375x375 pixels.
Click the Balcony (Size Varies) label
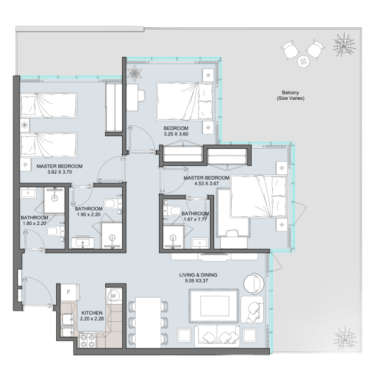[290, 95]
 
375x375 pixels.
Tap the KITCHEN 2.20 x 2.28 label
[92, 316]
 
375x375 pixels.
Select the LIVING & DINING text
[198, 275]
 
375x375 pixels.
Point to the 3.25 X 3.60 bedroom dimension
[176, 134]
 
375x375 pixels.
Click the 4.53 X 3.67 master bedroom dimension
[206, 184]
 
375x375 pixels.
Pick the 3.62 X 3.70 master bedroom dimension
[59, 172]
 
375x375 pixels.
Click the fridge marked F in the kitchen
[70, 292]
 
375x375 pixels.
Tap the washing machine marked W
[114, 296]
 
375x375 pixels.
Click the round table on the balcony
[304, 62]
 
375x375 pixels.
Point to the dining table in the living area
[148, 322]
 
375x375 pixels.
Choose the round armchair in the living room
[254, 284]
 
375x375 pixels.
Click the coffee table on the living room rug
[215, 306]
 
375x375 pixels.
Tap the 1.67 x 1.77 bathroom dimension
[195, 220]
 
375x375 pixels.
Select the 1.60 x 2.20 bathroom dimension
[34, 223]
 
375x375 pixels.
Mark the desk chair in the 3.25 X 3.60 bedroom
[142, 96]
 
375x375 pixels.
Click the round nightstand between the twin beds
[24, 125]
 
